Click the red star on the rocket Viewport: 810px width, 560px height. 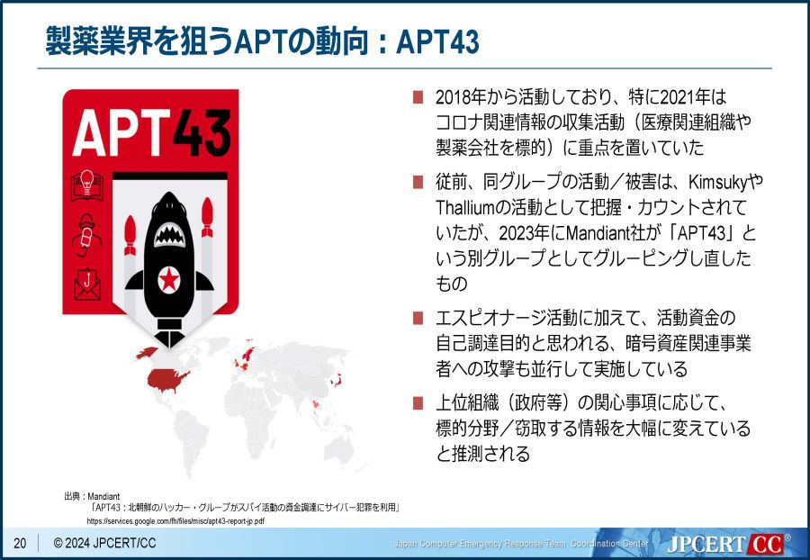point(169,279)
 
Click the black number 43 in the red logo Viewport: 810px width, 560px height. point(202,132)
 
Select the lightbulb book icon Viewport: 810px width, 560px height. point(86,185)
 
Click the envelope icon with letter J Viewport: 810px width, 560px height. point(87,285)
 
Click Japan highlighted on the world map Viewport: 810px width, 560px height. point(336,380)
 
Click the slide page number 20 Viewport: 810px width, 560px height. point(20,543)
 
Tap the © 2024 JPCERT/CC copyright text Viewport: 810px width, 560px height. point(104,543)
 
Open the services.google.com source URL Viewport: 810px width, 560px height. point(175,521)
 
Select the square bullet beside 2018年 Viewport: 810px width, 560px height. point(418,97)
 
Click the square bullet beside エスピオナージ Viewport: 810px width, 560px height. point(418,318)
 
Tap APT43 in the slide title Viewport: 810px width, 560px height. point(438,41)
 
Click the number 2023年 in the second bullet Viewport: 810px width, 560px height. point(523,233)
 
